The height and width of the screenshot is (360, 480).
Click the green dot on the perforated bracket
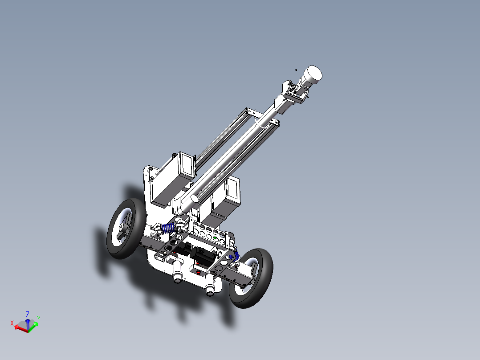click(x=216, y=239)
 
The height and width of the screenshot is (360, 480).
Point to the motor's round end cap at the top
click(x=313, y=73)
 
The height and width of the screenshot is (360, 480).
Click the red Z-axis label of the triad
click(x=28, y=314)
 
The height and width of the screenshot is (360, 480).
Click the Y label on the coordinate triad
click(x=39, y=318)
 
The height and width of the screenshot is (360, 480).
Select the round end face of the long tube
click(x=194, y=198)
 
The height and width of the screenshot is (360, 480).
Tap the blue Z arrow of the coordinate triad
click(x=28, y=323)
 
